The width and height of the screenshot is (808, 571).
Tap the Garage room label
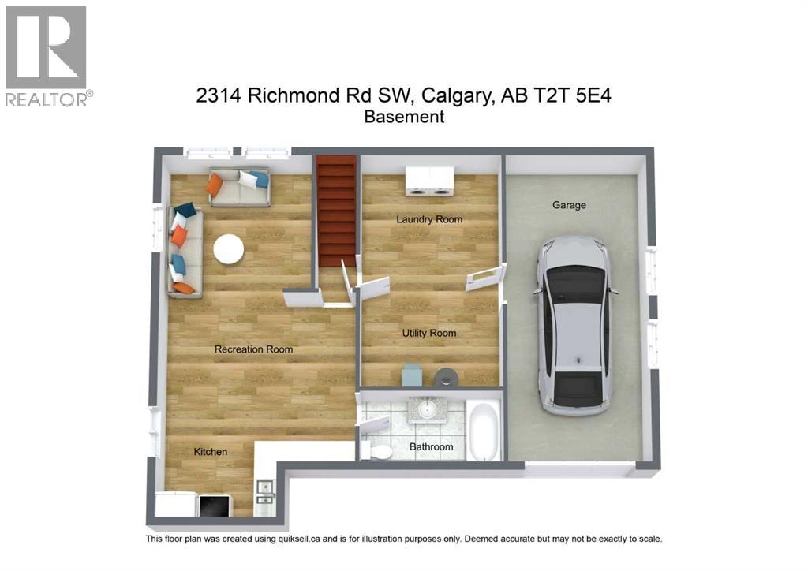pyautogui.click(x=569, y=205)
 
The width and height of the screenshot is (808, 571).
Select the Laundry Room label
pyautogui.click(x=429, y=219)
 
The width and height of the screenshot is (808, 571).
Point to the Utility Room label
pyautogui.click(x=429, y=333)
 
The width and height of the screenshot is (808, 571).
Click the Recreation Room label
pyautogui.click(x=253, y=349)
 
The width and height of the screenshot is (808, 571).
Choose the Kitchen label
pyautogui.click(x=211, y=452)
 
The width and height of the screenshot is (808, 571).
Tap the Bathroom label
pyautogui.click(x=431, y=447)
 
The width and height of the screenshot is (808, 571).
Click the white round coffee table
pyautogui.click(x=229, y=249)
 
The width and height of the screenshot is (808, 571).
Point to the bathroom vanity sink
pyautogui.click(x=427, y=409)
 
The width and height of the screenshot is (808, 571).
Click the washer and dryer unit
pyautogui.click(x=429, y=181)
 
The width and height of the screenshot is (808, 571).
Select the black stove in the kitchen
pyautogui.click(x=214, y=506)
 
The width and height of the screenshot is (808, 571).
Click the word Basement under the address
pyautogui.click(x=404, y=117)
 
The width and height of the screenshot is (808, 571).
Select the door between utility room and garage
pyautogui.click(x=485, y=278)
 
